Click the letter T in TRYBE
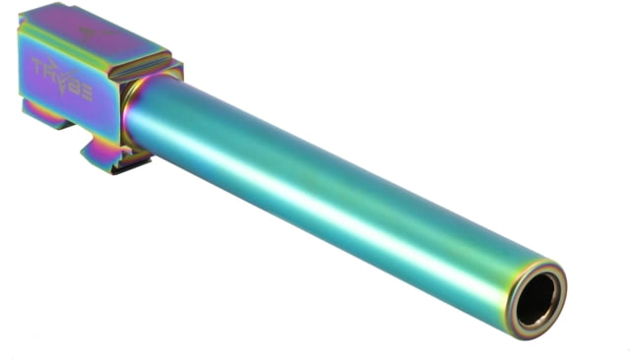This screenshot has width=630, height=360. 39,66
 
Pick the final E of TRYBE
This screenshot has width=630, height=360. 88,93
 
